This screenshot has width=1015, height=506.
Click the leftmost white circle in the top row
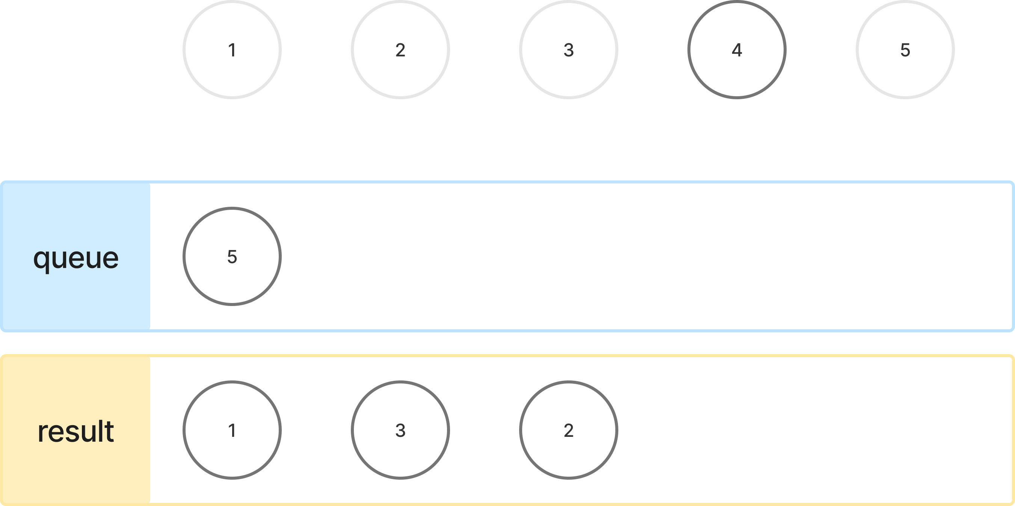pyautogui.click(x=232, y=49)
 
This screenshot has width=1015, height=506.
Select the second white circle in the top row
pyautogui.click(x=400, y=49)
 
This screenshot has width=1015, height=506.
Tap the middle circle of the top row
pyautogui.click(x=569, y=49)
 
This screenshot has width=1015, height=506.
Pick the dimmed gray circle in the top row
pyautogui.click(x=737, y=49)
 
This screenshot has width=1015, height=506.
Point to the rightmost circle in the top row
pyautogui.click(x=905, y=49)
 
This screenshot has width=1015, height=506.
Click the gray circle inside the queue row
pyautogui.click(x=232, y=256)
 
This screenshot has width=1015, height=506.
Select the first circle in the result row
pyautogui.click(x=232, y=430)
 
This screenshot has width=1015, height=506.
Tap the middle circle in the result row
pyautogui.click(x=400, y=430)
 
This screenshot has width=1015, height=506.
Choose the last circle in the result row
pyautogui.click(x=569, y=430)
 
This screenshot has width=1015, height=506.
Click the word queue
pyautogui.click(x=76, y=259)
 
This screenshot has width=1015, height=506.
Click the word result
pyautogui.click(x=76, y=432)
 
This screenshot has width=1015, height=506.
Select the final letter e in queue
pyautogui.click(x=111, y=259)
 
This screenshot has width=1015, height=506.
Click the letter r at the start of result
pyautogui.click(x=42, y=433)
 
